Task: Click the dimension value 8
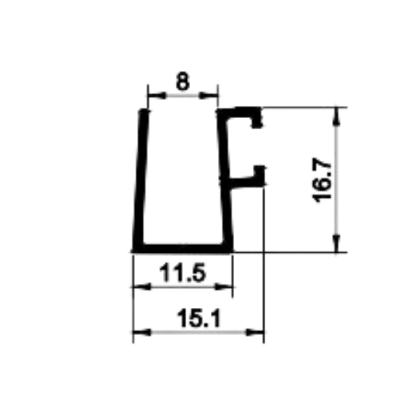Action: click(183, 81)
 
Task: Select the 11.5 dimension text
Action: click(183, 273)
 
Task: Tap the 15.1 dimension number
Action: click(199, 318)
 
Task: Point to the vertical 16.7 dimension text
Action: click(322, 180)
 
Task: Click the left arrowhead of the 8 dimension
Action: click(157, 96)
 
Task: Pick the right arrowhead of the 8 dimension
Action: click(209, 96)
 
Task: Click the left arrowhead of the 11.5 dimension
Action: click(142, 287)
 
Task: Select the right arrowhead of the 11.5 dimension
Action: click(223, 287)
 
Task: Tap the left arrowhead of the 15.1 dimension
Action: click(142, 333)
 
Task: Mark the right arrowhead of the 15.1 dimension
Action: click(255, 333)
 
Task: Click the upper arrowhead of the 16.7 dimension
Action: click(336, 116)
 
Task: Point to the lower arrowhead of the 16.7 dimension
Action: click(336, 243)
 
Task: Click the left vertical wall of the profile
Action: click(141, 180)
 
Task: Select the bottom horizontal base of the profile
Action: click(183, 249)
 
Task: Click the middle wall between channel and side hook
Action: click(225, 180)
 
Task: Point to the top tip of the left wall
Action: click(144, 110)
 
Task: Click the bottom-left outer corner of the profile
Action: click(132, 252)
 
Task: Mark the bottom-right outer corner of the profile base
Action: click(233, 252)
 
